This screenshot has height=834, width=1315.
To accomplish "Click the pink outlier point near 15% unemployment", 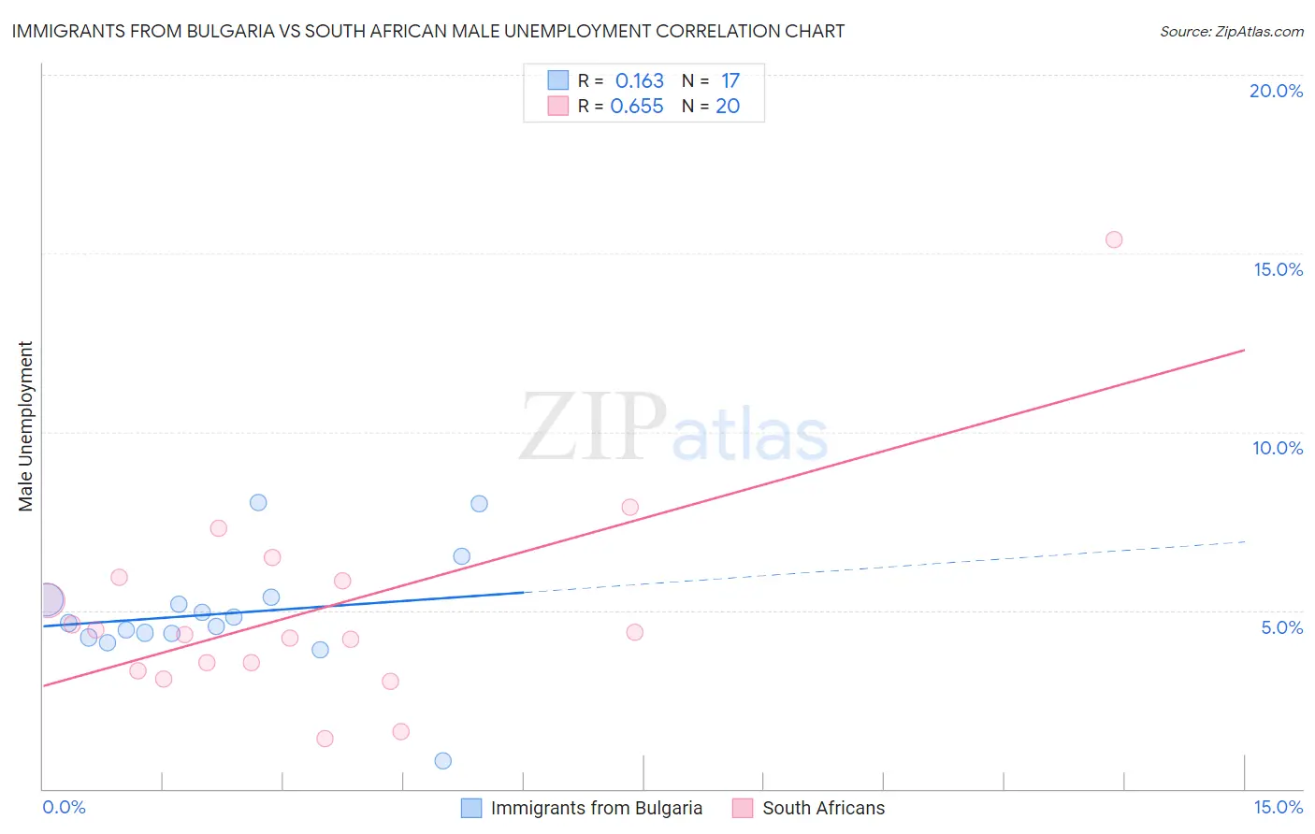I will pos(1113,239).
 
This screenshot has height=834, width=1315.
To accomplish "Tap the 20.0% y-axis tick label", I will pos(1276,91).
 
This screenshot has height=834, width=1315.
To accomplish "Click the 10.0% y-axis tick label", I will pos(1277,448).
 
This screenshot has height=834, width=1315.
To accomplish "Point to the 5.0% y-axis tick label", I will pos(1281,627).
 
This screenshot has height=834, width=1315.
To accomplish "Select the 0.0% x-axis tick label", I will pos(64,807).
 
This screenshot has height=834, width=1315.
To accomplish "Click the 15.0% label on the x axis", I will pos(1278,807).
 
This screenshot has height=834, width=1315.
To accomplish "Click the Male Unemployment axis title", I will pos(26,426).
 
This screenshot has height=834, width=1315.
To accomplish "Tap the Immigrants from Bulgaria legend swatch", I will pos(471,808).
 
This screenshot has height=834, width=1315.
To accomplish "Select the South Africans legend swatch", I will pos(743,808).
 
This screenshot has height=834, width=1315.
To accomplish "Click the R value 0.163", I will pos(639,81).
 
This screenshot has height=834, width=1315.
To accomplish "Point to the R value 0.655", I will pos(637,107).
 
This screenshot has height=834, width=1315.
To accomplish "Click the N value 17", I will pos(730,81).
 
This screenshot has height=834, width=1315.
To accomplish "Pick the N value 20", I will pos(728,107).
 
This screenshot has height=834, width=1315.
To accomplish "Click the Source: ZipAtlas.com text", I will pos(1231,32).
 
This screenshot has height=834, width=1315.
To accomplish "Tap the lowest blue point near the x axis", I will pos(443,761).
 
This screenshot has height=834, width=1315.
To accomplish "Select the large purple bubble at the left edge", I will pos(48,600).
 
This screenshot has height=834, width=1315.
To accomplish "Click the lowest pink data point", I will pos(325,739).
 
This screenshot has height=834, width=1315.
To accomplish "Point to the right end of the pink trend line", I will pos(1244,350).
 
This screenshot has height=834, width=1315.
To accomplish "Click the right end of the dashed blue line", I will pos(1244,541).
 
